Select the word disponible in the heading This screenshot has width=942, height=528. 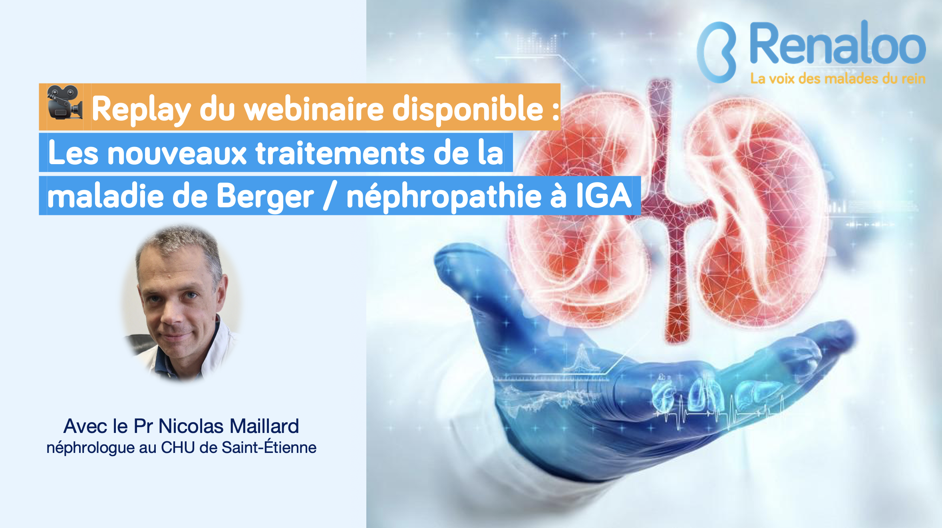(468, 109)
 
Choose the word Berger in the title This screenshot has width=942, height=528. (265, 197)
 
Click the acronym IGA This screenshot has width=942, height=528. (603, 195)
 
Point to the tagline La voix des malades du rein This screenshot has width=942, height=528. (838, 78)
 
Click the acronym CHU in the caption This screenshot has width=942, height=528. (178, 448)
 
